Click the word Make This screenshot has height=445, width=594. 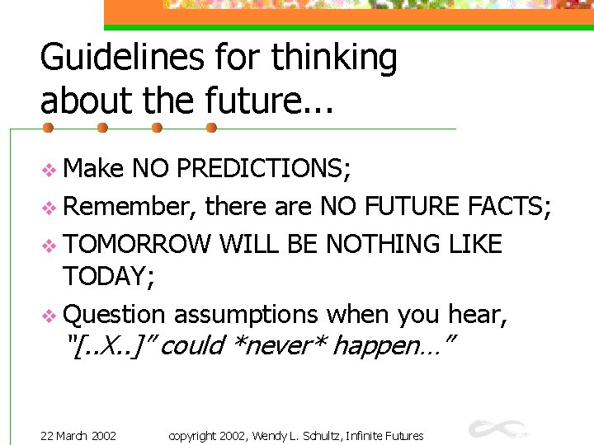92,170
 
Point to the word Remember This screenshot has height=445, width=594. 130,206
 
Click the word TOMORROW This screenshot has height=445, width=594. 137,243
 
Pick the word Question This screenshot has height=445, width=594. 114,315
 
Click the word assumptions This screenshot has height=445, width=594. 246,315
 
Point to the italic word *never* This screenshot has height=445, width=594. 280,346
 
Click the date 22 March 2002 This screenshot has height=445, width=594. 78,435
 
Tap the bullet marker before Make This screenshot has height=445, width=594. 49,171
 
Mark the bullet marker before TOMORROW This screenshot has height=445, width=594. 49,245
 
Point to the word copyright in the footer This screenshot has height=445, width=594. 191,435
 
